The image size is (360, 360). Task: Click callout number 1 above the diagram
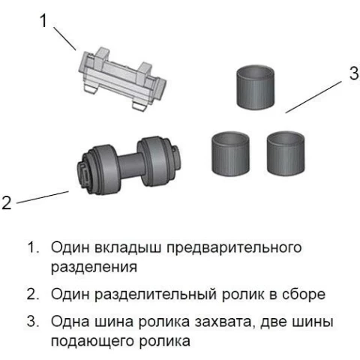click(x=43, y=20)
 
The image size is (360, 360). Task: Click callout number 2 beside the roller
click(x=7, y=202)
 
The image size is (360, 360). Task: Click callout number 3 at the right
click(x=354, y=73)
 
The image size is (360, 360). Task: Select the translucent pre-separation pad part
click(x=122, y=79)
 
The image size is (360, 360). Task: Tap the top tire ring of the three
click(x=255, y=88)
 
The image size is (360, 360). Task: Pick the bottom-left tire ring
click(x=230, y=153)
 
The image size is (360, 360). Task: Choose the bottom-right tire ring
click(x=286, y=153)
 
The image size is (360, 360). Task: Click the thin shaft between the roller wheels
click(x=128, y=166)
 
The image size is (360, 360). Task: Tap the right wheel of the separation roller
click(x=153, y=161)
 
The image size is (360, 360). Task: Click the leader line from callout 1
click(x=64, y=38)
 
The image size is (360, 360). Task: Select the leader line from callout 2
click(x=43, y=197)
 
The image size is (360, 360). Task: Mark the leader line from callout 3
click(x=313, y=97)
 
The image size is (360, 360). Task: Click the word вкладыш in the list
click(x=128, y=247)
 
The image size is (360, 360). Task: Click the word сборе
click(x=304, y=295)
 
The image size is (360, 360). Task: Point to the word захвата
click(x=223, y=322)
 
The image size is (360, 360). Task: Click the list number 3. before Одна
click(x=33, y=321)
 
